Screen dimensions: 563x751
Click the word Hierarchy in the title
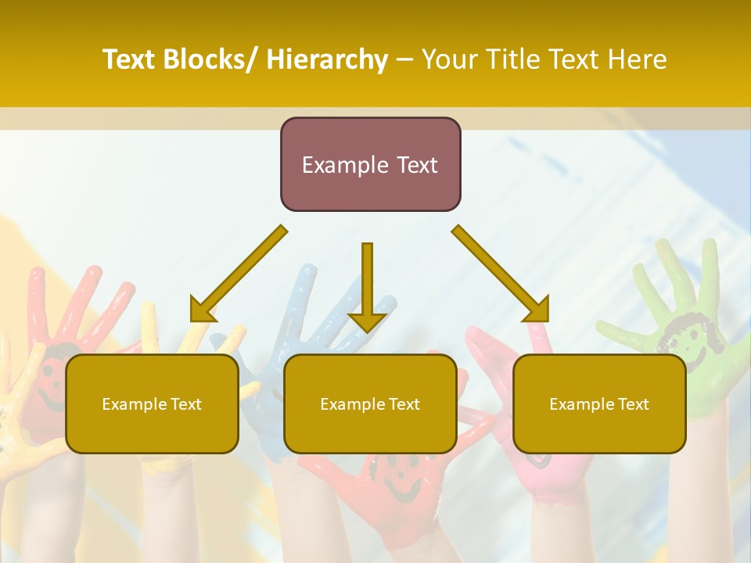coord(327,59)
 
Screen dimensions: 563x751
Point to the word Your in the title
coord(451,59)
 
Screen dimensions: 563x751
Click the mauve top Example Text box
coord(370,164)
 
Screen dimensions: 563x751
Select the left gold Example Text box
coord(152,403)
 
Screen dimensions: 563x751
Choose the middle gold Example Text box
coord(370,403)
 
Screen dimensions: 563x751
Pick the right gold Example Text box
coord(599,403)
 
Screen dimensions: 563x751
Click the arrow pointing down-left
coord(239,274)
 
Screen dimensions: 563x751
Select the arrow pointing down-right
coord(501,274)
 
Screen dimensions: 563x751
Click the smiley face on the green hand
coord(681,336)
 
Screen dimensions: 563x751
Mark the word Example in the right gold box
coord(578,404)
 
